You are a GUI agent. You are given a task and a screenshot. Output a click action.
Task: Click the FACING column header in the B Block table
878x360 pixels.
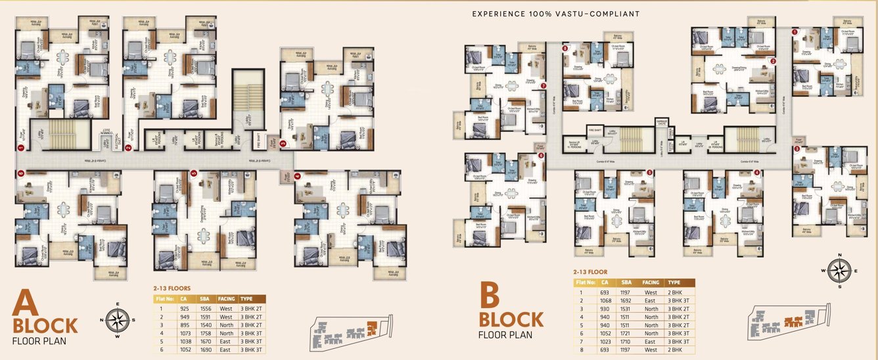(650, 282)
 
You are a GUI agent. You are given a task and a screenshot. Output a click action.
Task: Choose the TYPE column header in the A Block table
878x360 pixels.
(246, 298)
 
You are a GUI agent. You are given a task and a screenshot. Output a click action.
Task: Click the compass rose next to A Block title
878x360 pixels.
(117, 321)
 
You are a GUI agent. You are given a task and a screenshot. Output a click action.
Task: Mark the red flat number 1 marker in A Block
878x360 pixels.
(21, 148)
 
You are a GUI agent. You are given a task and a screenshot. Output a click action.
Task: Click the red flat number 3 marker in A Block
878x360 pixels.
(283, 143)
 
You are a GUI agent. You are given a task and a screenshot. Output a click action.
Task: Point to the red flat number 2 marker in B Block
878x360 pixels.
(774, 62)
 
